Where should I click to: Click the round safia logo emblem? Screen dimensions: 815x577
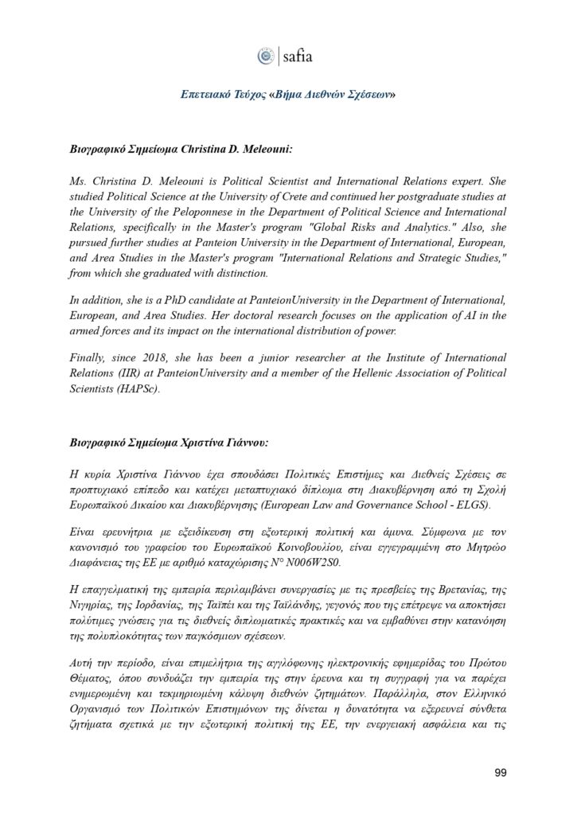(266, 56)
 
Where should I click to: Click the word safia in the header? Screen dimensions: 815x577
(298, 57)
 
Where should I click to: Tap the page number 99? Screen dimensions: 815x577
(501, 771)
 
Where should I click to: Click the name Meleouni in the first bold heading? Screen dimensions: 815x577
(271, 149)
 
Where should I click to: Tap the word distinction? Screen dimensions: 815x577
(244, 273)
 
